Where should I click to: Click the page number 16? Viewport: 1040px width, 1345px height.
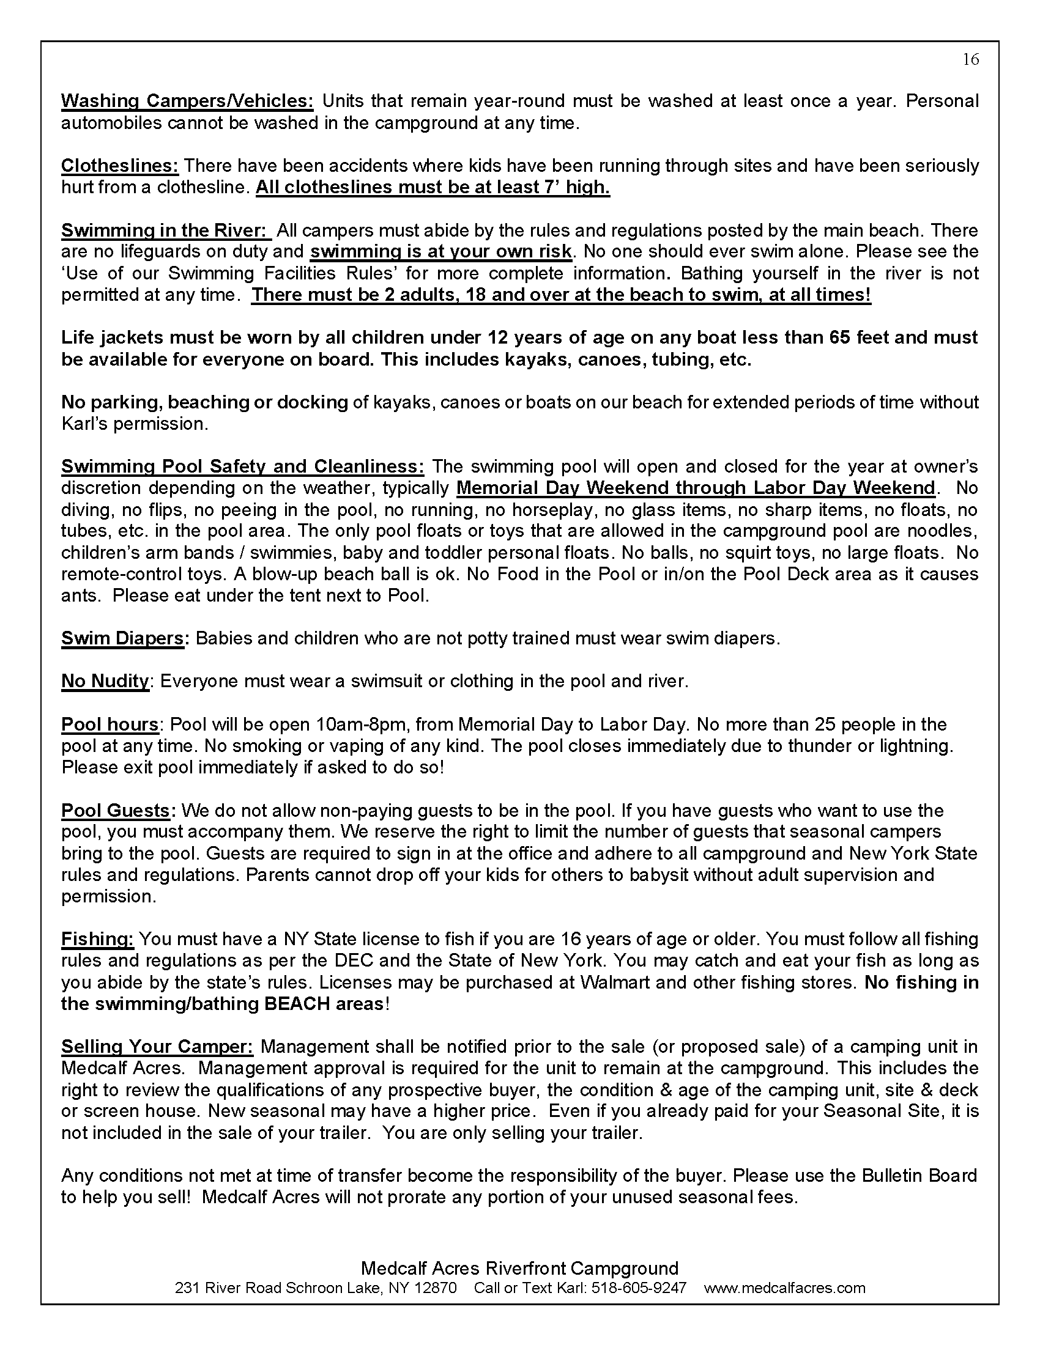(x=970, y=59)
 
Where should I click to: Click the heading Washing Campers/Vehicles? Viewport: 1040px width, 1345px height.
(x=187, y=101)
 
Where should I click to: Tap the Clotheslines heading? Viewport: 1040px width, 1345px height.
(x=119, y=166)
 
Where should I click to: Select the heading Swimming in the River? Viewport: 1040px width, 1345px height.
(x=165, y=230)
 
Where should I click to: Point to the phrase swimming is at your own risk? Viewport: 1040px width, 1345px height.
(x=440, y=251)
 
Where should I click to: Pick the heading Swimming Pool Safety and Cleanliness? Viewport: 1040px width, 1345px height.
(x=242, y=466)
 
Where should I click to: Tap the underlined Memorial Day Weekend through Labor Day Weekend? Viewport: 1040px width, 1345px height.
(x=696, y=488)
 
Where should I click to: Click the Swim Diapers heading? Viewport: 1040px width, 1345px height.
(x=122, y=638)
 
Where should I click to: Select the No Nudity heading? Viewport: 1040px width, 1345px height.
(x=105, y=681)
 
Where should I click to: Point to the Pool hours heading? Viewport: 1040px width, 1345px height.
(x=110, y=724)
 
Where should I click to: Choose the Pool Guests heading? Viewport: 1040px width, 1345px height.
(x=115, y=811)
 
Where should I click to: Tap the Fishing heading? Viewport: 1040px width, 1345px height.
(x=97, y=939)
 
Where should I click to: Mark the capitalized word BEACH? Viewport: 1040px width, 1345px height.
(x=297, y=1004)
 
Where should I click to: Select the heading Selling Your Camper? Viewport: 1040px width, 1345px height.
(x=157, y=1047)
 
